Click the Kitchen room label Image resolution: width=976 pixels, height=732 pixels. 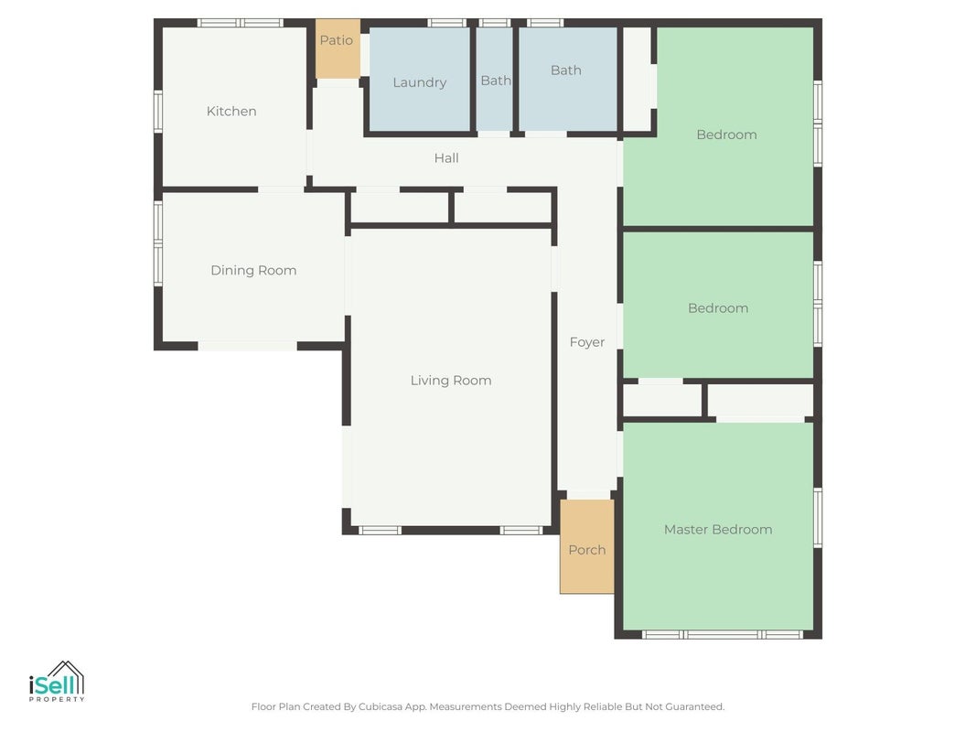pos(231,112)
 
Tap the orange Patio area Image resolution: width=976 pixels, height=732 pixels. pos(338,48)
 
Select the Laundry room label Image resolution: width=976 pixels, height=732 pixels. pos(420,82)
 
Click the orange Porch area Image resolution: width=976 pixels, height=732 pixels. pos(587,546)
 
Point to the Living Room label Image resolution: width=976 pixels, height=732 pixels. pos(451,381)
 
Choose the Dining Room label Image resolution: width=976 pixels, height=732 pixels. pos(253,270)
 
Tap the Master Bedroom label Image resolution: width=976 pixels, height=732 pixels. pos(718,530)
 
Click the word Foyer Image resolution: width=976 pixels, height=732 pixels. pos(587,342)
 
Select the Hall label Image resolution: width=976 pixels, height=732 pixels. pos(446,158)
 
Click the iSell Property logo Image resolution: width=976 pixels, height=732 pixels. pos(57,681)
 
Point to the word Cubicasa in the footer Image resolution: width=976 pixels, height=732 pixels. pos(380,706)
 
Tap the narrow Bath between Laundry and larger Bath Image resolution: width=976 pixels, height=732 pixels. pos(496,81)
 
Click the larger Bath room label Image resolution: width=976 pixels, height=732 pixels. pos(566,70)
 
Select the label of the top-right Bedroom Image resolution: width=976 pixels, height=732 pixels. pos(726,135)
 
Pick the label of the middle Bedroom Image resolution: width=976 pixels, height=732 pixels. pos(718,308)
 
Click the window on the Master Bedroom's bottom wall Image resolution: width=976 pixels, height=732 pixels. pos(722,634)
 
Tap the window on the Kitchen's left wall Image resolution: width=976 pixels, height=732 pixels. pos(158,112)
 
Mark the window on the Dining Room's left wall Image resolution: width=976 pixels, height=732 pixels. pos(158,243)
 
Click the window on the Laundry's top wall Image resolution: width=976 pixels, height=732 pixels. pos(447,23)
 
